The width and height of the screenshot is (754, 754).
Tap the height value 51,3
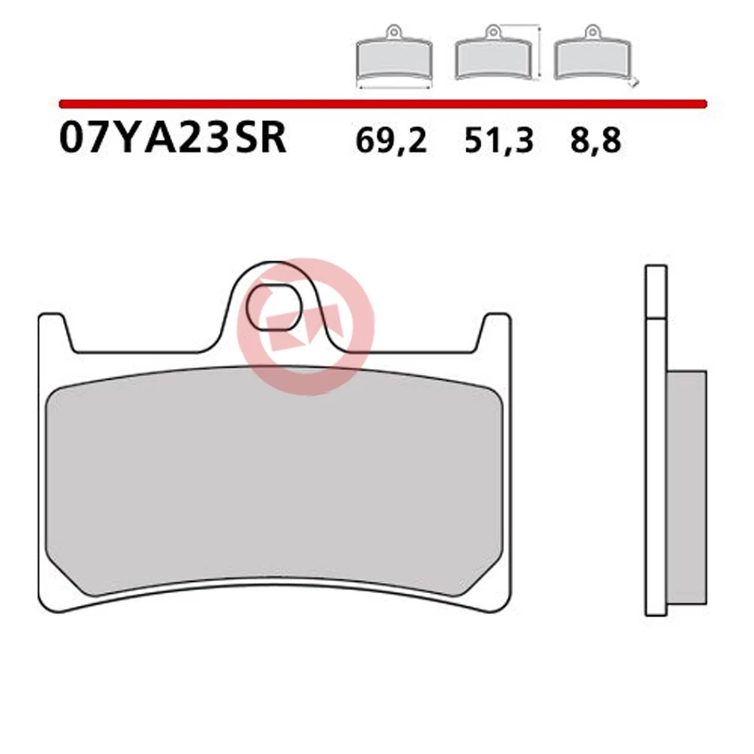point(498,141)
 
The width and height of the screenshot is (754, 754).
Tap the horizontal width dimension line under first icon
point(393,88)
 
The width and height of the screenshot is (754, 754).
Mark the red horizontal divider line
point(382,103)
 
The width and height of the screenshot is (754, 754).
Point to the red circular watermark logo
point(306,326)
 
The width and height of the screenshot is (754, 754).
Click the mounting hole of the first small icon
point(393,32)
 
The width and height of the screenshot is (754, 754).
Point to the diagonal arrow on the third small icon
point(635,82)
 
